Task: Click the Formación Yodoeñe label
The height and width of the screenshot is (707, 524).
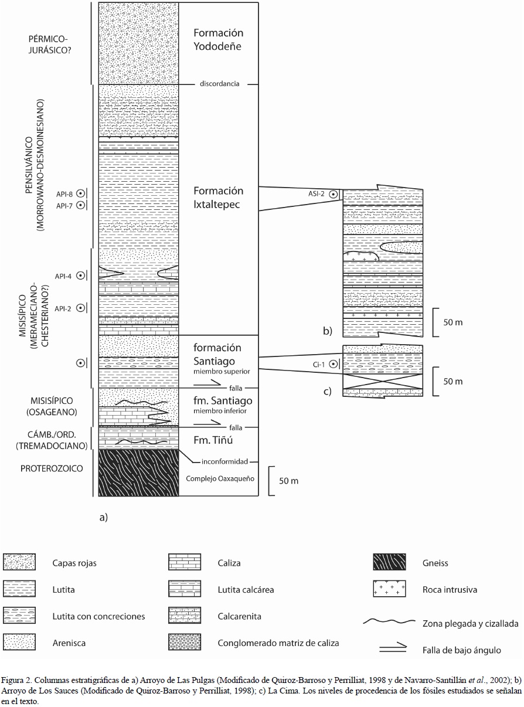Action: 219,39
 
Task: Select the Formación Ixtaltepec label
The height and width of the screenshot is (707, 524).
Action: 219,198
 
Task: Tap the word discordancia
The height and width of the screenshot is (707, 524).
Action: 219,84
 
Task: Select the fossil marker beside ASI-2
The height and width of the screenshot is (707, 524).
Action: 333,193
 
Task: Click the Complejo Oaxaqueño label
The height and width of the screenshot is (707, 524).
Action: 219,478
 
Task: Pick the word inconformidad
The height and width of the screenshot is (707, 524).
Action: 220,461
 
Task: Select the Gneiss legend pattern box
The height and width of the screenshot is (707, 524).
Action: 389,563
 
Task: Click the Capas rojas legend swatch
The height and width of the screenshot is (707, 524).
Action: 19,563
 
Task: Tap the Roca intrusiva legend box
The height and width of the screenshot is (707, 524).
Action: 389,589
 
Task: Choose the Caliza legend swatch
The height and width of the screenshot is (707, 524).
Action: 184,563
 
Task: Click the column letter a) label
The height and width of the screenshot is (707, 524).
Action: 104,516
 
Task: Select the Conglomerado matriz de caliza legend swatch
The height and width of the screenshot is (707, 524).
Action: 184,643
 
